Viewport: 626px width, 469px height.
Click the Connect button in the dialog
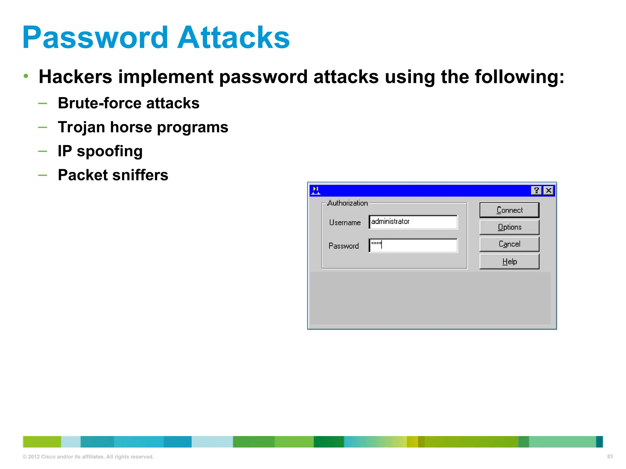pyautogui.click(x=509, y=210)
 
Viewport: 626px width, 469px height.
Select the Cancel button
pyautogui.click(x=509, y=244)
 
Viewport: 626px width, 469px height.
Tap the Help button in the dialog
pyautogui.click(x=509, y=262)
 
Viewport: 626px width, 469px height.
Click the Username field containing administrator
pyautogui.click(x=413, y=222)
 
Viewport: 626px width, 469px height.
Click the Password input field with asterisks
pyautogui.click(x=413, y=245)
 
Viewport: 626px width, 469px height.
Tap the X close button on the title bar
pyautogui.click(x=549, y=191)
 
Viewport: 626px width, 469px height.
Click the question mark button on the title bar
pyautogui.click(x=536, y=191)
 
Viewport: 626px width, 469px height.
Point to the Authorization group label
pyautogui.click(x=348, y=203)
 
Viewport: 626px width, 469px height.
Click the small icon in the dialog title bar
pyautogui.click(x=316, y=191)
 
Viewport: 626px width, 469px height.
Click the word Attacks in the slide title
pyautogui.click(x=234, y=38)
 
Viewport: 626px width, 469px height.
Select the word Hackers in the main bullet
pyautogui.click(x=75, y=77)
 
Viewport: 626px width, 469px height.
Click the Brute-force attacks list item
pyautogui.click(x=128, y=103)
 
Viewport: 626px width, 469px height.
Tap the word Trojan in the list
pyautogui.click(x=81, y=127)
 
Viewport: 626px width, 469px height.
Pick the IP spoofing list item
pyautogui.click(x=100, y=151)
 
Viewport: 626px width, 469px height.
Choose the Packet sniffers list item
pyautogui.click(x=113, y=175)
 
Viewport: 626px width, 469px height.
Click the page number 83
pyautogui.click(x=610, y=456)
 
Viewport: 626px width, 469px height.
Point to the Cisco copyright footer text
pyautogui.click(x=88, y=457)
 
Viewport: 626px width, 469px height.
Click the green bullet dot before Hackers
pyautogui.click(x=26, y=76)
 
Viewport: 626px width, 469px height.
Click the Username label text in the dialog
pyautogui.click(x=345, y=223)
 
